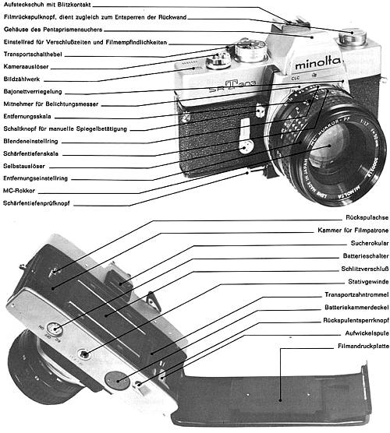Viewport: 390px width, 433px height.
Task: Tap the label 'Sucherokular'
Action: click(x=364, y=242)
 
